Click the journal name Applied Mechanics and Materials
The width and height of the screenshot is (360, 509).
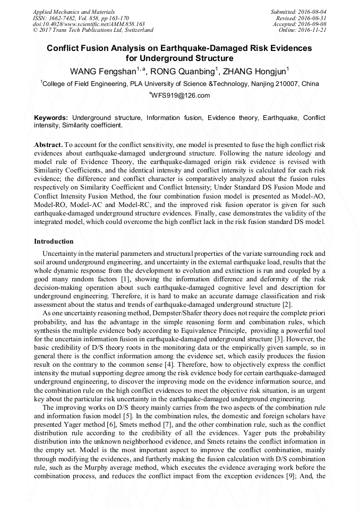[74, 11]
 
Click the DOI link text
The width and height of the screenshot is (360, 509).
[89, 24]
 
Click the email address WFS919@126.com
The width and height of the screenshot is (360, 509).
[181, 96]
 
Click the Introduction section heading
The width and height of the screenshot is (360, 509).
[54, 241]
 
